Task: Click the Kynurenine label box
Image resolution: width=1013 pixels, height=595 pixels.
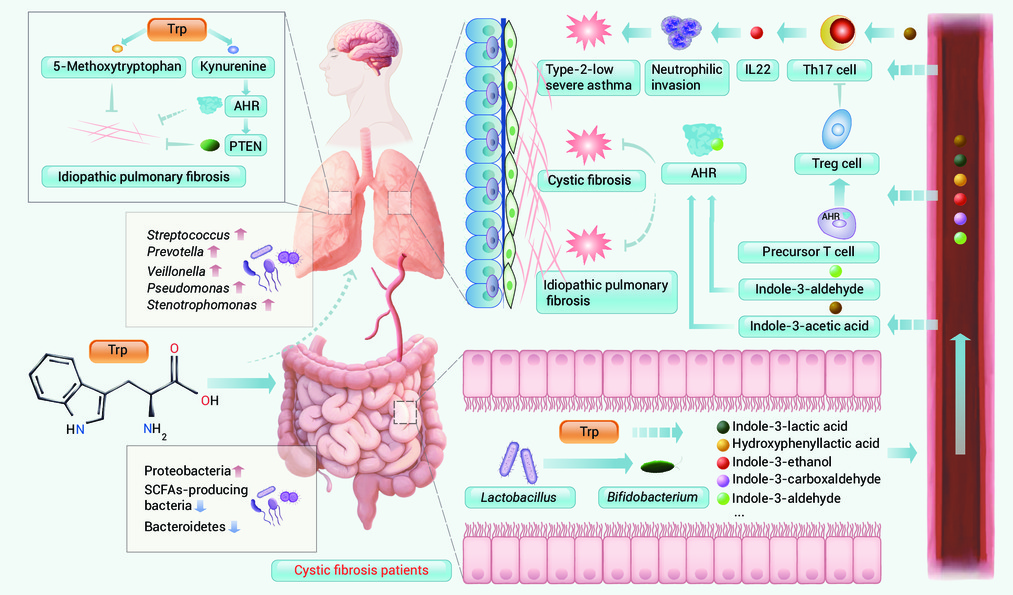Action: tap(233, 67)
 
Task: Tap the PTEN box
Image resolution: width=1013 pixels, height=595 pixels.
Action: tap(245, 146)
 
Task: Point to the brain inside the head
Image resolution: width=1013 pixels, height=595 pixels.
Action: tap(371, 48)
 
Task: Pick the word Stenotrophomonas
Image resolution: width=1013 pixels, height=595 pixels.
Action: tap(202, 305)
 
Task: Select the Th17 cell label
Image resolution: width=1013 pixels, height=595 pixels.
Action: tap(830, 70)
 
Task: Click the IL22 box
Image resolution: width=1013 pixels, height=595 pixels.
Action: tap(758, 70)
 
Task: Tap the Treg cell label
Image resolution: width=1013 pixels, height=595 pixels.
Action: tap(837, 163)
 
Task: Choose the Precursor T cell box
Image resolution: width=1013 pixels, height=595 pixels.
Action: tap(808, 252)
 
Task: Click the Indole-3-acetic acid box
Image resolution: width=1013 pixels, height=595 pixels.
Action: tap(809, 326)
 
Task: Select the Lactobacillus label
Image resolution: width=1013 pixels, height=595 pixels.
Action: tap(519, 497)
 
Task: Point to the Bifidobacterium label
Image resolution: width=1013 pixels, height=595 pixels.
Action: tap(653, 497)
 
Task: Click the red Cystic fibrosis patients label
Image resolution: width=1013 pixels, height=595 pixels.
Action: tap(361, 570)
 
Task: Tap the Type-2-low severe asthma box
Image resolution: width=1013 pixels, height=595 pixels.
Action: tap(589, 78)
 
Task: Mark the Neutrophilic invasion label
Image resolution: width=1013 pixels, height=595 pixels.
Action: tap(687, 78)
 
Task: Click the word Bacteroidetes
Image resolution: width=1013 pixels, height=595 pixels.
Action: tap(185, 527)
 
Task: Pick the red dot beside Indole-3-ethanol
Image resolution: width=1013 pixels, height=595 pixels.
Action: tap(724, 463)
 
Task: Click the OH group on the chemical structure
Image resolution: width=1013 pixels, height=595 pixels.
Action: tap(209, 401)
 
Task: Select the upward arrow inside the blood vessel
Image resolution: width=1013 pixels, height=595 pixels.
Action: tap(961, 393)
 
